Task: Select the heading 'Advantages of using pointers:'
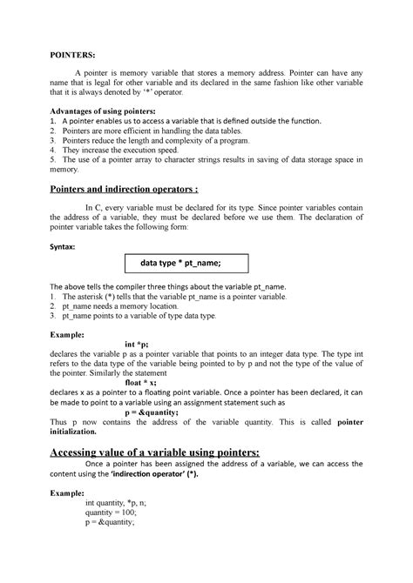tap(104, 111)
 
